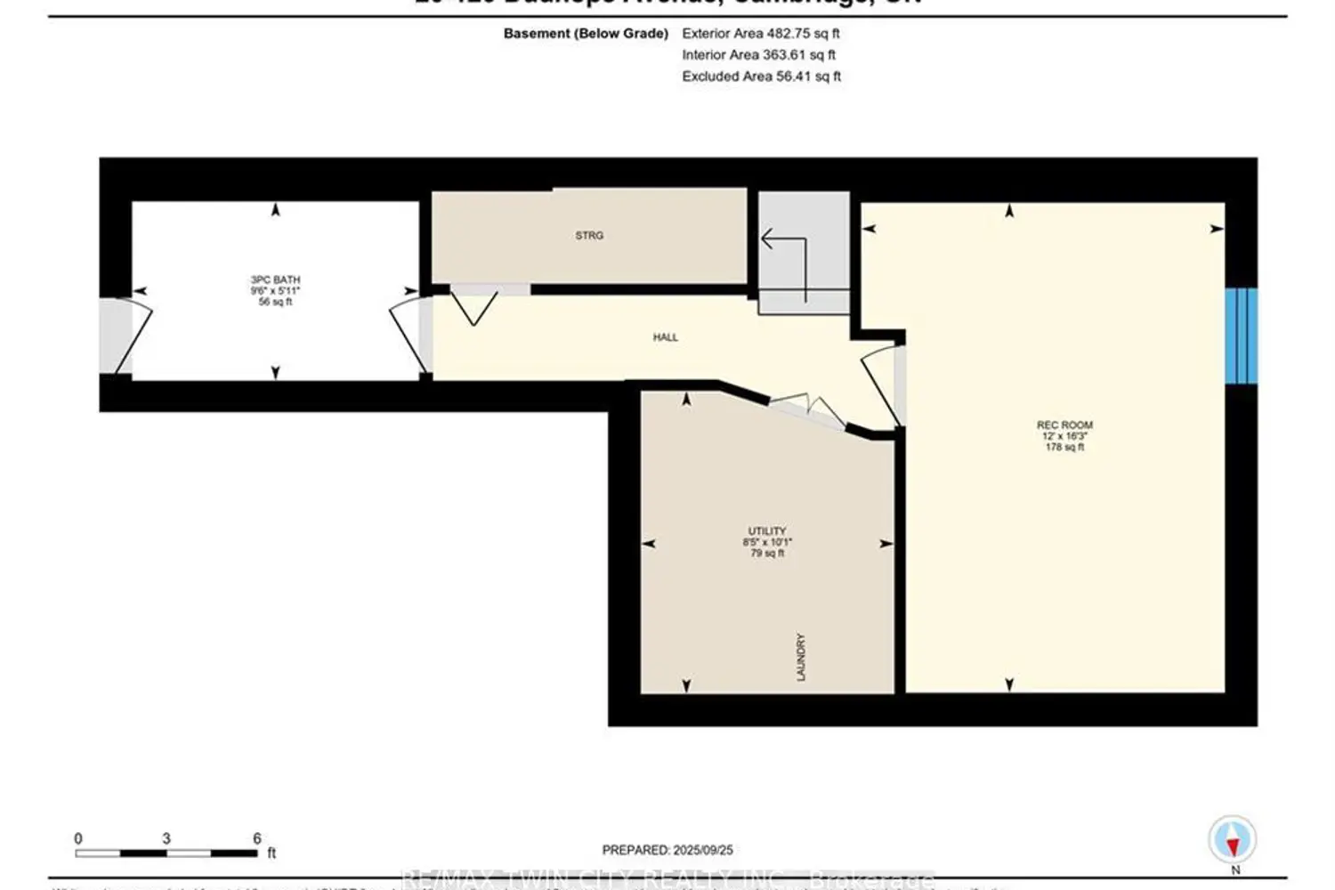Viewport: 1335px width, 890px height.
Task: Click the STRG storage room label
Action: (x=589, y=236)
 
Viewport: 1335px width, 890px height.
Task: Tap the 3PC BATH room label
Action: (x=275, y=280)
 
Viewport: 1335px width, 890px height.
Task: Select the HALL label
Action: (x=665, y=337)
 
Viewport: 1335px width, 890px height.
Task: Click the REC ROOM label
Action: (x=1064, y=425)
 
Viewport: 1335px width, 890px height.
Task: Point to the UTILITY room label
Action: (x=766, y=531)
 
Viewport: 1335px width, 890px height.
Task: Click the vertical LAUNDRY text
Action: (x=801, y=658)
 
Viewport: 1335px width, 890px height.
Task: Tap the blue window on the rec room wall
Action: (x=1241, y=336)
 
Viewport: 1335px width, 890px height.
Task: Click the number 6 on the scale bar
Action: (x=257, y=838)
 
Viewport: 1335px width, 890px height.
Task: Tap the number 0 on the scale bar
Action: (x=78, y=838)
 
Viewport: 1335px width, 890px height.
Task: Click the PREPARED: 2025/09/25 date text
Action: (x=667, y=851)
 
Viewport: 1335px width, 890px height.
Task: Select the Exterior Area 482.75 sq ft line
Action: (x=760, y=34)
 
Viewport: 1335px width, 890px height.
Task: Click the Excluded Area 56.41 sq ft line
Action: (x=761, y=77)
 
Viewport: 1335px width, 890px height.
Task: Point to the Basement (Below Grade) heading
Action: (x=586, y=34)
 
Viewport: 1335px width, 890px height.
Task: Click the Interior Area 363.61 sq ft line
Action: (x=758, y=55)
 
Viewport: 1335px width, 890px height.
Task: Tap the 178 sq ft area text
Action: (x=1064, y=447)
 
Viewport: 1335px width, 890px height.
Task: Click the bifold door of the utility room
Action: (x=807, y=411)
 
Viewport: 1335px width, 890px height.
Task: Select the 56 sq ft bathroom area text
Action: (x=275, y=302)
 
